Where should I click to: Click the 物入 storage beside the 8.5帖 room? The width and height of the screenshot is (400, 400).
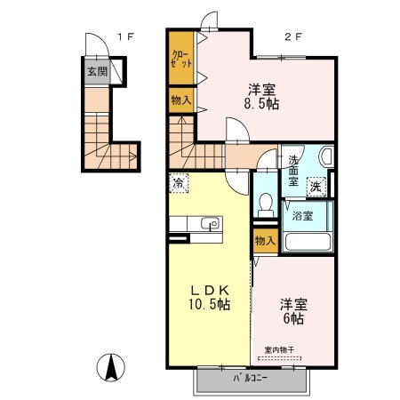pyautogui.click(x=180, y=100)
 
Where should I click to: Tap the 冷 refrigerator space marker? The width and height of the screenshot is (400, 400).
pyautogui.click(x=179, y=184)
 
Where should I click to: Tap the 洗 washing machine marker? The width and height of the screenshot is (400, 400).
pyautogui.click(x=316, y=187)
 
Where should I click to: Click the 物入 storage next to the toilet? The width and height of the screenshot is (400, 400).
pyautogui.click(x=265, y=241)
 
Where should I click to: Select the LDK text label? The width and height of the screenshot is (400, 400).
pyautogui.click(x=209, y=289)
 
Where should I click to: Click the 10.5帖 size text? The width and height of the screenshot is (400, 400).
pyautogui.click(x=209, y=305)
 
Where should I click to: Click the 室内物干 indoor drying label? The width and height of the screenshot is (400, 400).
pyautogui.click(x=282, y=349)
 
